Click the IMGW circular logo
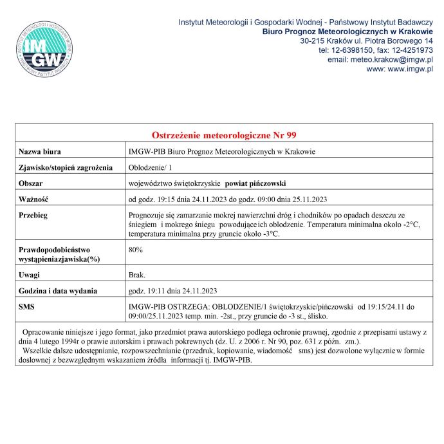click(x=45, y=50)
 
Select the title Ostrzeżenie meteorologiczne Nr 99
click(x=224, y=135)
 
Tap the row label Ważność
click(x=33, y=199)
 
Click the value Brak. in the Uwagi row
click(x=137, y=275)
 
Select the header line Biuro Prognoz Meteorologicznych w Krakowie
click(x=347, y=32)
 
